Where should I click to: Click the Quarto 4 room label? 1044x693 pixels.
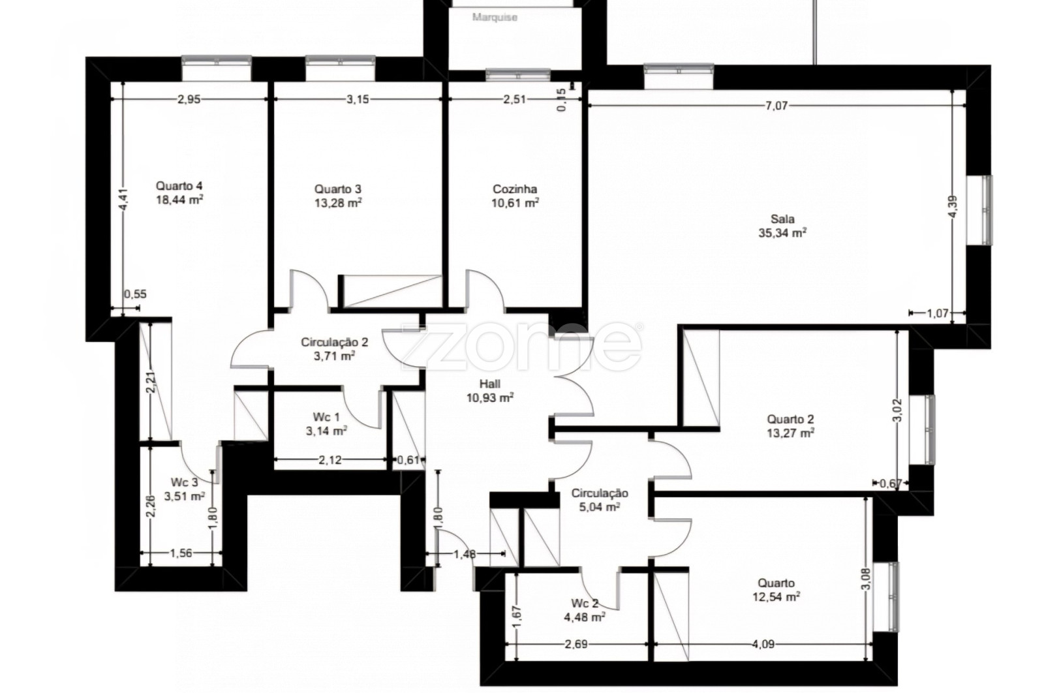(179, 186)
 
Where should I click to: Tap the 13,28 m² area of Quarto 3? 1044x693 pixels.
(339, 203)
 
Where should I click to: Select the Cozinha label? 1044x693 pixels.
(515, 189)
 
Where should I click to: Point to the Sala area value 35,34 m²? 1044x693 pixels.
(782, 232)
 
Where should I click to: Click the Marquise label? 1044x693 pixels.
(495, 17)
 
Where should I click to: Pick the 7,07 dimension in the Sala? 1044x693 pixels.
(776, 106)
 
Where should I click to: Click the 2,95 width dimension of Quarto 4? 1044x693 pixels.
(189, 99)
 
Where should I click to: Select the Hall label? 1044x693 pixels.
(490, 384)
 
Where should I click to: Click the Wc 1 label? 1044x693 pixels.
(326, 416)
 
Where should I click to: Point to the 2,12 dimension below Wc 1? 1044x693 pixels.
(330, 460)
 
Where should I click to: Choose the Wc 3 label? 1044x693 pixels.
(184, 482)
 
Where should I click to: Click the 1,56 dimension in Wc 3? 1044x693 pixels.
(181, 553)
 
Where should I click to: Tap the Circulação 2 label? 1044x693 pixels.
(335, 342)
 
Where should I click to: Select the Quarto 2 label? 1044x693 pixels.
(790, 419)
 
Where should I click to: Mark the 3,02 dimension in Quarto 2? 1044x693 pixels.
(898, 410)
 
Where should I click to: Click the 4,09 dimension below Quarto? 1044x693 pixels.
(763, 644)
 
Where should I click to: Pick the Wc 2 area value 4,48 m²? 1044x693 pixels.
(585, 617)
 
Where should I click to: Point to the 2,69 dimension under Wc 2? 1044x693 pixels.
(576, 644)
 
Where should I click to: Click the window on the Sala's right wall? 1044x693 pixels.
(979, 210)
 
